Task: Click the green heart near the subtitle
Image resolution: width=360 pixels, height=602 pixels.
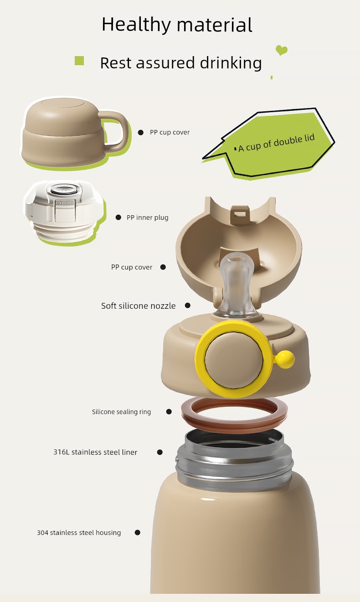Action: pos(281,50)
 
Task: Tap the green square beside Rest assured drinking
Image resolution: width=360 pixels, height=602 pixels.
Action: pos(79,61)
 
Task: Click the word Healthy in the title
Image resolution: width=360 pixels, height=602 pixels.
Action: pos(136,25)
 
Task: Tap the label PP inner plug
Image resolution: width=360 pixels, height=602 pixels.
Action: pos(147,218)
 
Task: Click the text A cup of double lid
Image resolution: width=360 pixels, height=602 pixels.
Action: pos(277,143)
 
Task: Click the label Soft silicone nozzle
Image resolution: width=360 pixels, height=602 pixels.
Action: pos(138,306)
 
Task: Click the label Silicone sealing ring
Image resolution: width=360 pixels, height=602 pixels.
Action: pos(121,412)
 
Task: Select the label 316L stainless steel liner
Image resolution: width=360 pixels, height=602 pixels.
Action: pos(95,452)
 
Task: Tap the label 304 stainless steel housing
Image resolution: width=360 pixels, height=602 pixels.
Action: pos(79,532)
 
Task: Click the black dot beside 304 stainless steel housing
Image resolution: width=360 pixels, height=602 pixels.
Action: pos(138,532)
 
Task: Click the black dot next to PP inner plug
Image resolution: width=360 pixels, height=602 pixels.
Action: pos(118,217)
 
